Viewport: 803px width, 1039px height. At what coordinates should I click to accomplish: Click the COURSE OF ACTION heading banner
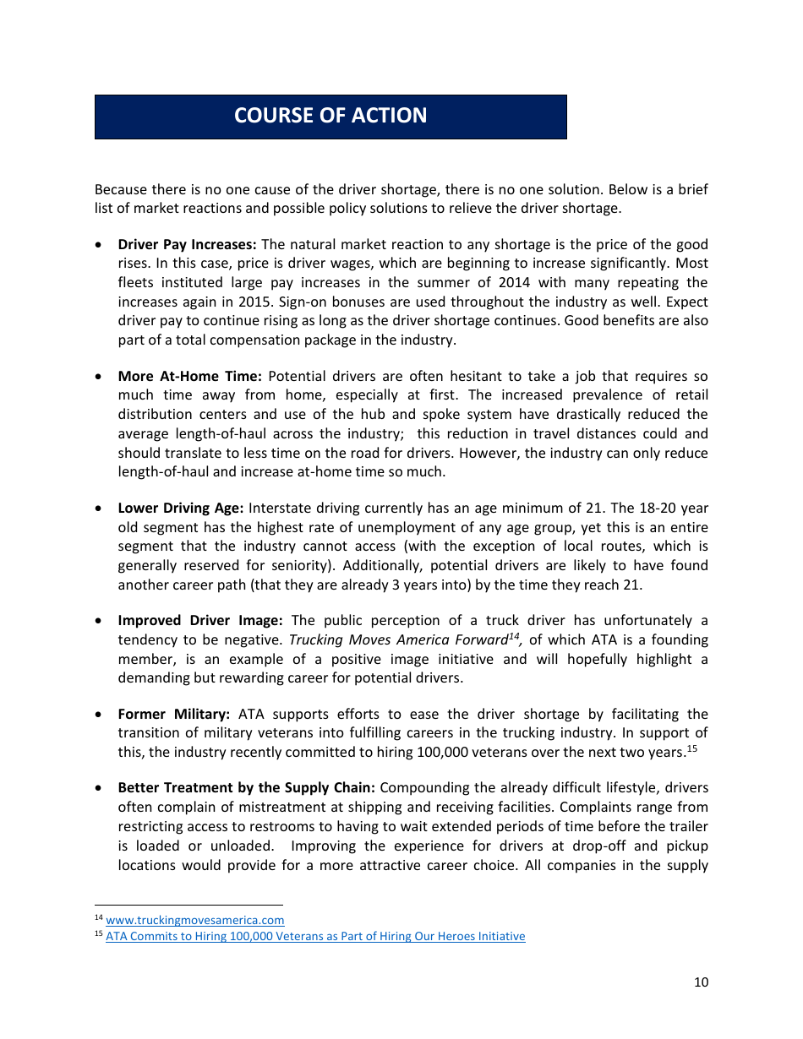[330, 117]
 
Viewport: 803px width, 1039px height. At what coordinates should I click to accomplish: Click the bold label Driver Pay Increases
[187, 245]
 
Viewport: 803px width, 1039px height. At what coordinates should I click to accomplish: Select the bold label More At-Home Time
[190, 377]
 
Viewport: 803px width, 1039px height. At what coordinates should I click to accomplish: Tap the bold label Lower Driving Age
[180, 509]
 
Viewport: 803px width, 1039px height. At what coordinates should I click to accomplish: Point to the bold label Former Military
[174, 715]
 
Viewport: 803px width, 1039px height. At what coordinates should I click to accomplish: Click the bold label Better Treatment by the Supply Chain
[247, 788]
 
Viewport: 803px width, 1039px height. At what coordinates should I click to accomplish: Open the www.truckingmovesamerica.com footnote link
[194, 921]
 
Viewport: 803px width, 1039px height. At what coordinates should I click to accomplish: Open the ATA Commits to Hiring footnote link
[315, 937]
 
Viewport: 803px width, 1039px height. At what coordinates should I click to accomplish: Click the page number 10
[701, 982]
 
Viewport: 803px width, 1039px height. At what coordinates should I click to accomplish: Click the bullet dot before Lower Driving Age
[100, 509]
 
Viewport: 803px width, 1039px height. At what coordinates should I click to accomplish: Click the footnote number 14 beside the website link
[98, 918]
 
